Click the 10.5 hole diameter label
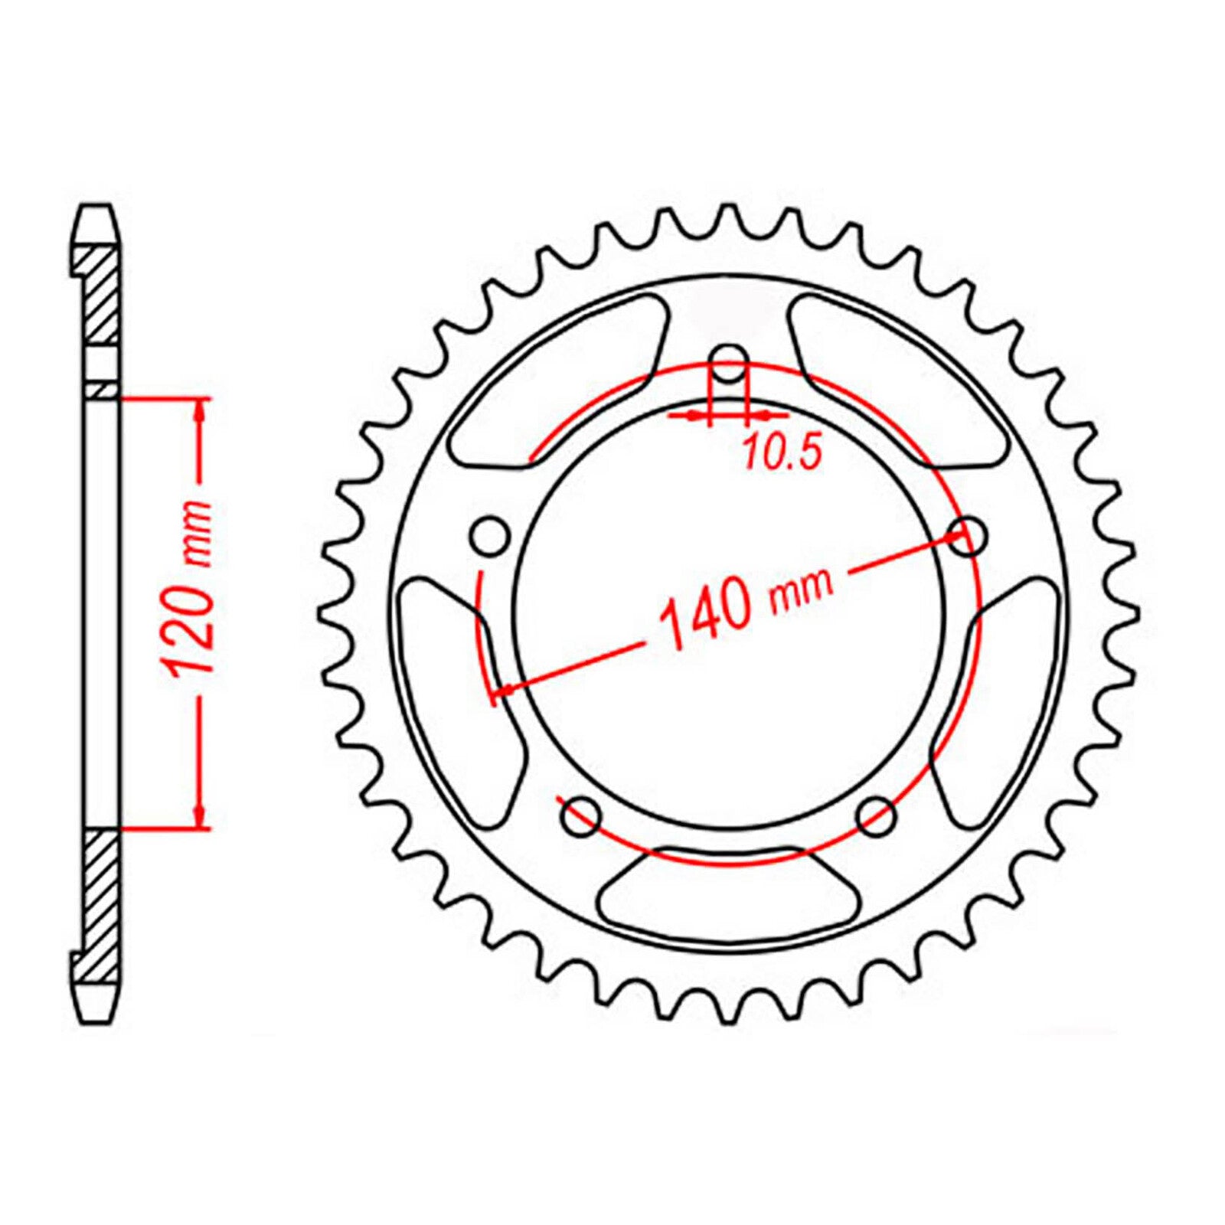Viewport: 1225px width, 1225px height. [x=782, y=453]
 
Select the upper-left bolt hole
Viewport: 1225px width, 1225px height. [x=489, y=534]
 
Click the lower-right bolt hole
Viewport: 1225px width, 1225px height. [x=876, y=818]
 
